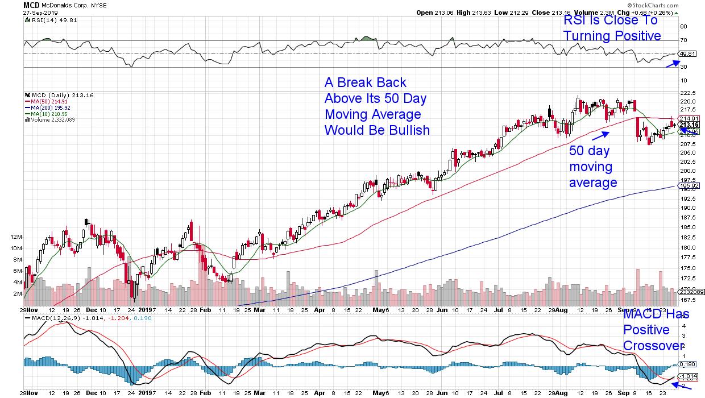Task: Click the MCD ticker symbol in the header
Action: pos(31,5)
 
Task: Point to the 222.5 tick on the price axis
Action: pos(688,92)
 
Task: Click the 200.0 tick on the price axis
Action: pos(688,171)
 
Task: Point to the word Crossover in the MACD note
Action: pos(653,346)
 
